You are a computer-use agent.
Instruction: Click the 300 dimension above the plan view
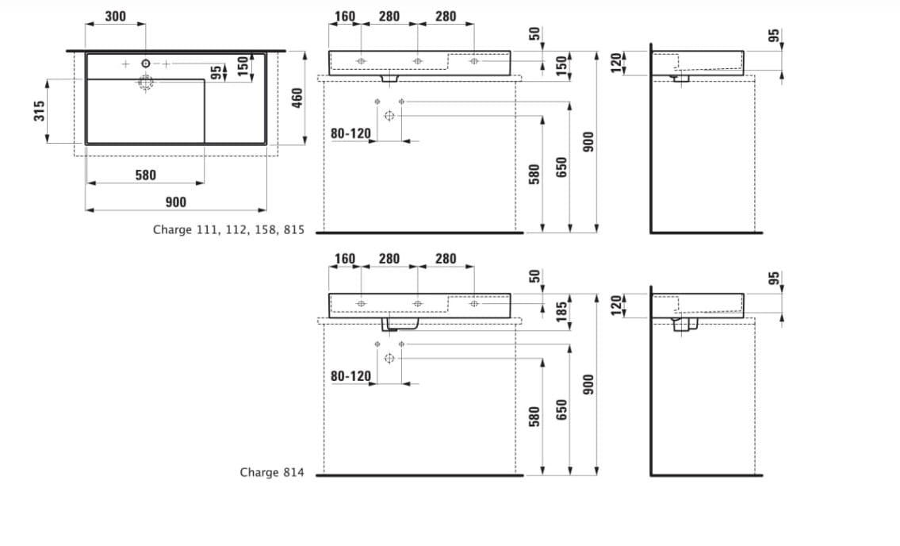coord(115,16)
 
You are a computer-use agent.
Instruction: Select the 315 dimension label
coord(39,111)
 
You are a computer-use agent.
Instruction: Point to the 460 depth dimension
coord(297,99)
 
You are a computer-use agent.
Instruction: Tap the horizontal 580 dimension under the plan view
coord(145,175)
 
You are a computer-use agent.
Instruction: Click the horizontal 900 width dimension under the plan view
coord(175,202)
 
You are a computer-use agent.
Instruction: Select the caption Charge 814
coord(271,472)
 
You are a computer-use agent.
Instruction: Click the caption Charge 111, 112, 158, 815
coord(228,230)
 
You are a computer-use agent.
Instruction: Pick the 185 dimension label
coord(561,310)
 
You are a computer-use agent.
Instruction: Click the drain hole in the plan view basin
coord(146,83)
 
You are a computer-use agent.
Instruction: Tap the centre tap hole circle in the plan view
coord(146,63)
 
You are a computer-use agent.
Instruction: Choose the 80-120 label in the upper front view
coord(350,133)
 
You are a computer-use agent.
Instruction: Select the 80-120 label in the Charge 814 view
coord(350,376)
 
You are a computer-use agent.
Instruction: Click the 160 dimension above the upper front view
coord(345,16)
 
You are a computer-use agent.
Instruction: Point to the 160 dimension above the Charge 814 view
coord(345,259)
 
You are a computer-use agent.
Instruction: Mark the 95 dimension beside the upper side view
coord(774,36)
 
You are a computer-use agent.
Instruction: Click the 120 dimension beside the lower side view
coord(616,305)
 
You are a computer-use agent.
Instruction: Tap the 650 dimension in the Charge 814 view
coord(561,409)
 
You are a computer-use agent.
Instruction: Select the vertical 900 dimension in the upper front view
coord(589,142)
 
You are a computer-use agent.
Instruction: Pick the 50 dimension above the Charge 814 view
coord(535,276)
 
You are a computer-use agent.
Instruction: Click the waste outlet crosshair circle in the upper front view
coord(389,116)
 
